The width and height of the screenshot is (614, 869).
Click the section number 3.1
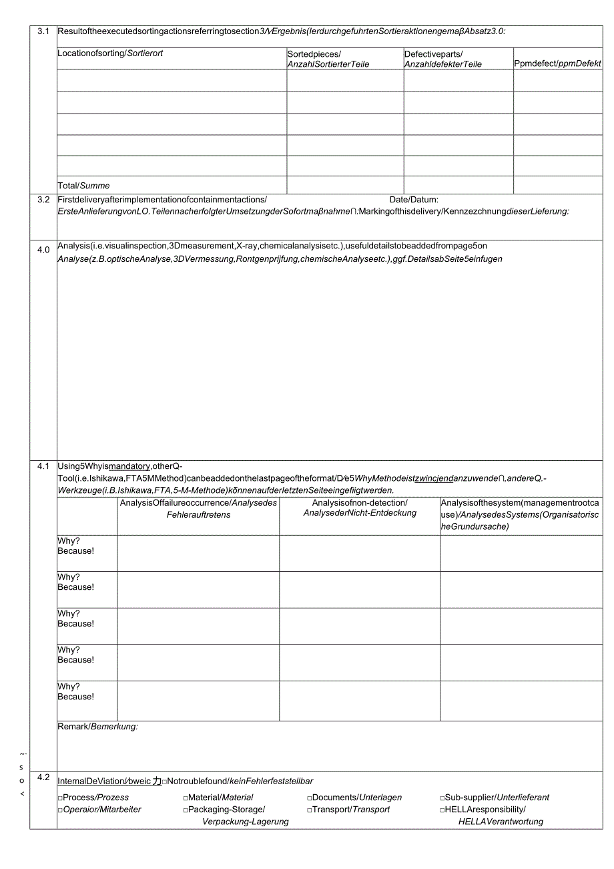coord(43,31)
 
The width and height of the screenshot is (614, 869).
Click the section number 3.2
coord(43,200)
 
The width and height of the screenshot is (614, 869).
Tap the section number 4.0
coord(43,250)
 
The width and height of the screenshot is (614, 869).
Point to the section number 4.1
coord(43,466)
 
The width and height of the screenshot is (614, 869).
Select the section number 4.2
coord(43,777)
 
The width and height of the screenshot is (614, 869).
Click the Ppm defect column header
coord(557,63)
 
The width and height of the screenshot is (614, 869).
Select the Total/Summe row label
coord(83,186)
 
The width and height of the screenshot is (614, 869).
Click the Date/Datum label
coord(414,200)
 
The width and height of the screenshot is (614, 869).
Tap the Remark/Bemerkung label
coord(97,727)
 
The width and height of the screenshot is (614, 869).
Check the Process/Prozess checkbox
coord(60,798)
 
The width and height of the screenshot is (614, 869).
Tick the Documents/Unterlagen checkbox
coord(310,798)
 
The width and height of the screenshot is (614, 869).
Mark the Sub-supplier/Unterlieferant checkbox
coord(442,798)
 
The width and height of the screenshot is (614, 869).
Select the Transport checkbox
coord(310,810)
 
